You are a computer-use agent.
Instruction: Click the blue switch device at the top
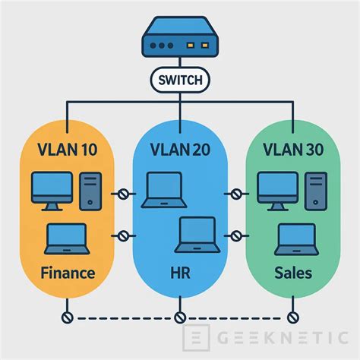click(x=180, y=43)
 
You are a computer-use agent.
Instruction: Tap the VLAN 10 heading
click(x=67, y=149)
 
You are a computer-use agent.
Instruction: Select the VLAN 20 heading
click(x=180, y=149)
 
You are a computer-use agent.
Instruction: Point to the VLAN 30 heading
click(x=292, y=149)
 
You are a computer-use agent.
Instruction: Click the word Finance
click(x=67, y=272)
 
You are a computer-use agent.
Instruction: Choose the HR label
click(x=180, y=272)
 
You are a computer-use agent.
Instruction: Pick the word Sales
click(x=292, y=272)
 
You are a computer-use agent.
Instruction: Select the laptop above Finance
click(x=66, y=238)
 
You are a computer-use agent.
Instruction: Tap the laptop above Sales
click(x=294, y=238)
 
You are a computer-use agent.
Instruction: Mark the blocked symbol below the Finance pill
click(x=67, y=316)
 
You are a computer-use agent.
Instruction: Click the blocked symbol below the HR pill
click(x=180, y=316)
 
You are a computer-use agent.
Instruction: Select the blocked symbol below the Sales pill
click(x=292, y=316)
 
